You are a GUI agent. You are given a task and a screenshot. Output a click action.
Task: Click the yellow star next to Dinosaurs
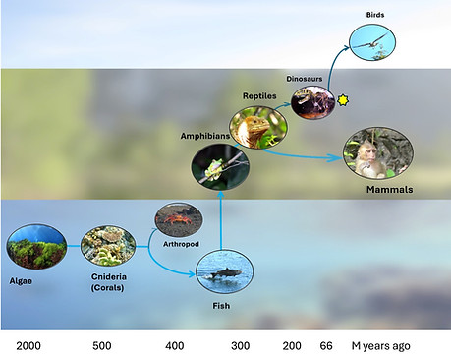tap(343, 99)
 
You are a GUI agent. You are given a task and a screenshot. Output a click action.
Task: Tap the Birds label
tap(375, 15)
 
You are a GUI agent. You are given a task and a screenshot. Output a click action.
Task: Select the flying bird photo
tap(372, 42)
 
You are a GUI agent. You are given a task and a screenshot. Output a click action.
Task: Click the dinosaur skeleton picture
tap(312, 102)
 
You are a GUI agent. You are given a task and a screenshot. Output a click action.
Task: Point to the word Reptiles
tap(259, 96)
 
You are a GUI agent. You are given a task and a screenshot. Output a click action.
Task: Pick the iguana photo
tap(258, 128)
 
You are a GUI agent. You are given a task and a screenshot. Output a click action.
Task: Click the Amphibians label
tap(205, 136)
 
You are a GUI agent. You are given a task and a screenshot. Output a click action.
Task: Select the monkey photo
tap(378, 153)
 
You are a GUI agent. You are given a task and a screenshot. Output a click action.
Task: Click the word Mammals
tap(389, 190)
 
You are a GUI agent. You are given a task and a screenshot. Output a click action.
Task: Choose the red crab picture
tap(179, 220)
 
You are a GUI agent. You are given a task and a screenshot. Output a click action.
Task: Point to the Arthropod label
tap(181, 244)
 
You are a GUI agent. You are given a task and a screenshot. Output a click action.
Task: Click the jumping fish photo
tap(225, 271)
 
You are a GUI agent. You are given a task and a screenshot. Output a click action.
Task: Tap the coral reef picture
tap(108, 246)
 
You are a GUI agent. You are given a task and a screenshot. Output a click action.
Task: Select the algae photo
tap(36, 247)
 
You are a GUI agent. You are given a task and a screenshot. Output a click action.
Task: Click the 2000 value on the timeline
tap(28, 346)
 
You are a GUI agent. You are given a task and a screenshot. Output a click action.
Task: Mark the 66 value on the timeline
tap(326, 346)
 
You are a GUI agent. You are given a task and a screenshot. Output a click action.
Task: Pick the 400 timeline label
tap(175, 346)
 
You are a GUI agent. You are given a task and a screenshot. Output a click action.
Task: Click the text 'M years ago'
tap(380, 346)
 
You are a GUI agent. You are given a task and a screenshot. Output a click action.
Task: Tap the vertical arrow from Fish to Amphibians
tap(221, 220)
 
